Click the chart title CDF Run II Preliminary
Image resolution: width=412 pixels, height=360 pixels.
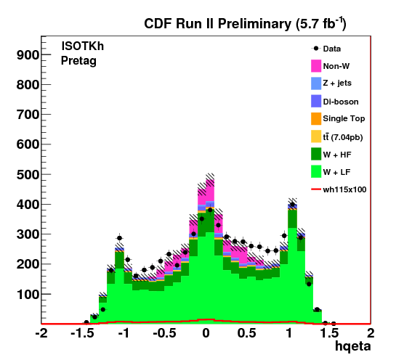point(217,24)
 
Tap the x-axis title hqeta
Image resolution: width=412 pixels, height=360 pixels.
point(353,346)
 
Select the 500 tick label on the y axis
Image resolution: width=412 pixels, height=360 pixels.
point(28,174)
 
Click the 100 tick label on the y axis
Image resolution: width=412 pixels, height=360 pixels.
point(28,294)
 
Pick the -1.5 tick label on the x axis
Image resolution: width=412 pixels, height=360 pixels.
point(82,333)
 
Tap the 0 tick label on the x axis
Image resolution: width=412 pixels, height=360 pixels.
point(206,333)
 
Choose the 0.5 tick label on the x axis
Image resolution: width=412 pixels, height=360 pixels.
point(246,333)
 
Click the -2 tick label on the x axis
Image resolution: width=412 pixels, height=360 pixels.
point(41,333)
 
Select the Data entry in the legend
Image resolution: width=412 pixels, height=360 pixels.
point(326,49)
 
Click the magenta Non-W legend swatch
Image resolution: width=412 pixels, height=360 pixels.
point(316,66)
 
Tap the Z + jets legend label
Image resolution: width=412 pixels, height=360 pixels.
point(337,83)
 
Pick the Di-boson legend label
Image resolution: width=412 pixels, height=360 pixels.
point(341,102)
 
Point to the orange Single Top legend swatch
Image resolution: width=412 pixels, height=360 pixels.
point(316,118)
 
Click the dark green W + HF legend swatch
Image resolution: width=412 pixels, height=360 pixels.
point(316,154)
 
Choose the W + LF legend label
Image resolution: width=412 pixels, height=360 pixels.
point(336,172)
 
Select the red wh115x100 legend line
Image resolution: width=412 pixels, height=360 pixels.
point(316,189)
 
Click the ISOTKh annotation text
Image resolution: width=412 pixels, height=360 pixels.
point(83,46)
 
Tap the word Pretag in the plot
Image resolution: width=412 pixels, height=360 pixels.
point(78,61)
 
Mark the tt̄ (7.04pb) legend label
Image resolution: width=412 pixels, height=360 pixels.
point(343,137)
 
